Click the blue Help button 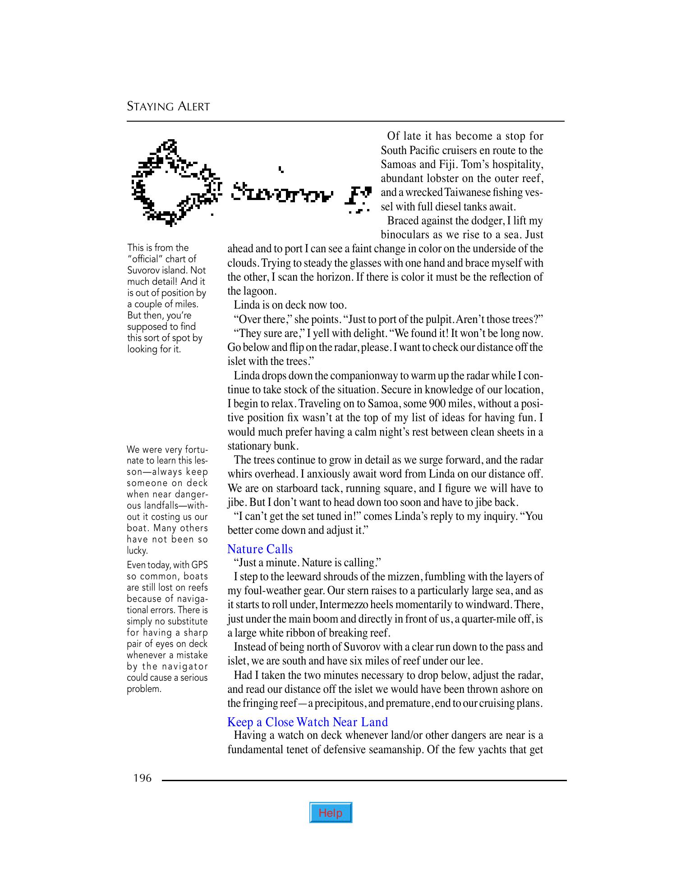[x=331, y=813]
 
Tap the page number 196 [x=143, y=778]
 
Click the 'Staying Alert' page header [x=168, y=107]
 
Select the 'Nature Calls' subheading [x=260, y=549]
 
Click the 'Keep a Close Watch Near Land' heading [x=307, y=722]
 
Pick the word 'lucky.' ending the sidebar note [x=137, y=551]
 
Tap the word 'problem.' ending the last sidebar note [x=144, y=689]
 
